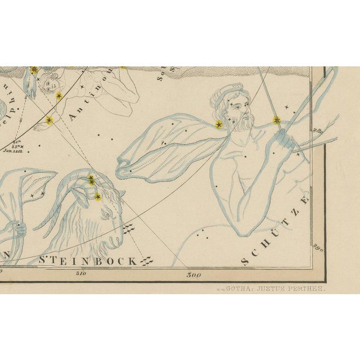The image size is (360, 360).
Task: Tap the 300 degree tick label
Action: [x=193, y=275]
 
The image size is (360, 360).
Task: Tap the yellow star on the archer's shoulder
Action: [x=219, y=124]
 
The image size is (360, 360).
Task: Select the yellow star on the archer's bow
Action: [x=277, y=120]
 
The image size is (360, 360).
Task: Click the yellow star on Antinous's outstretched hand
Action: [x=49, y=120]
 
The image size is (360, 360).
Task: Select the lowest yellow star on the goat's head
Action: [x=98, y=196]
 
